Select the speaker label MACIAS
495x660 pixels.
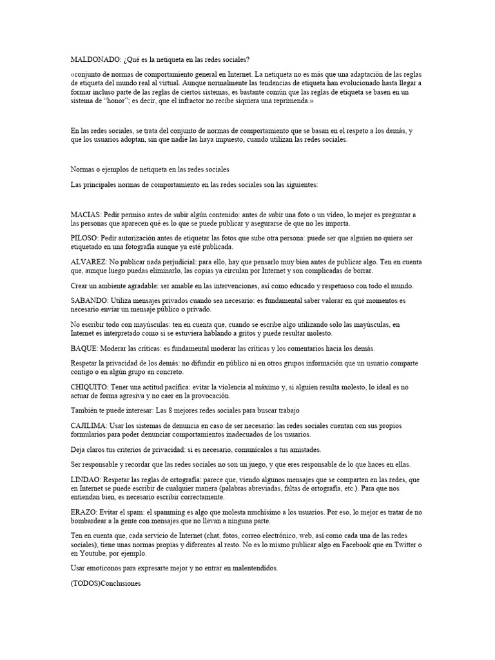pos(85,215)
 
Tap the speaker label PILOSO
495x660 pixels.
pos(84,238)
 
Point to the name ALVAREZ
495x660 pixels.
pos(88,262)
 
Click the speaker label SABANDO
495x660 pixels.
pos(89,300)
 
